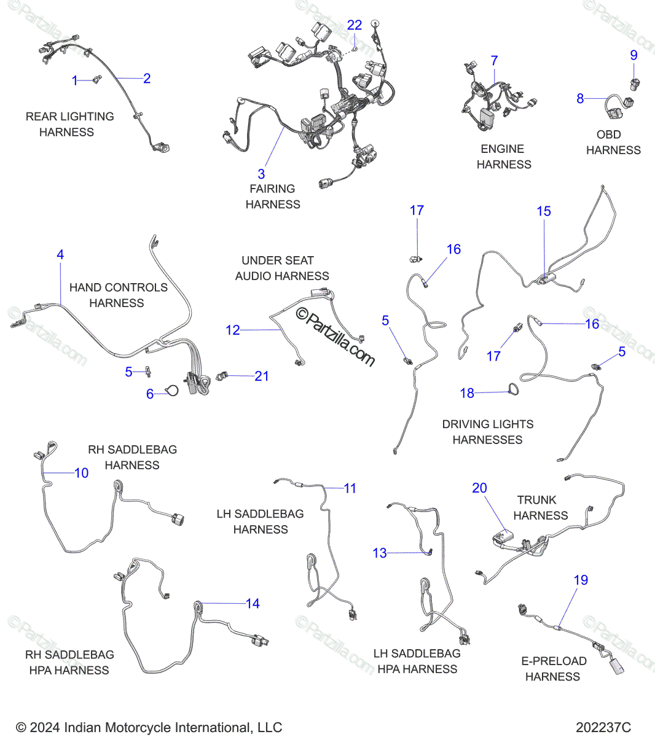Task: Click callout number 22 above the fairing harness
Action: (355, 25)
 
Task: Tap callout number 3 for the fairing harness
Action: (261, 174)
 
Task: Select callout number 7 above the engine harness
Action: (494, 61)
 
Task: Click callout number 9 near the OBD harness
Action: (634, 55)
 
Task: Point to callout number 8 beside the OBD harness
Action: (580, 98)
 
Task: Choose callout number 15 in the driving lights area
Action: (544, 211)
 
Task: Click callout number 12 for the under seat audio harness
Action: (233, 330)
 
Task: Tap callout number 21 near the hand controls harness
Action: (262, 376)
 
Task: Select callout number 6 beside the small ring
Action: (150, 394)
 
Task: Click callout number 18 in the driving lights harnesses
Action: (467, 393)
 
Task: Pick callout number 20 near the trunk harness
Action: (479, 488)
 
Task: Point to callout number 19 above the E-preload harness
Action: (581, 580)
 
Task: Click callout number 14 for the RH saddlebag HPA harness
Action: (253, 604)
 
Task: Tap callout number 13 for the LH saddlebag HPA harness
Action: (380, 553)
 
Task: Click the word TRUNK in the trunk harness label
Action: (536, 500)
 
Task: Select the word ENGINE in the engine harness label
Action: (502, 149)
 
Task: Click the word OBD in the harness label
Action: (608, 135)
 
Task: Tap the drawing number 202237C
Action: (603, 728)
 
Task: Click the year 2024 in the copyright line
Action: (45, 728)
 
